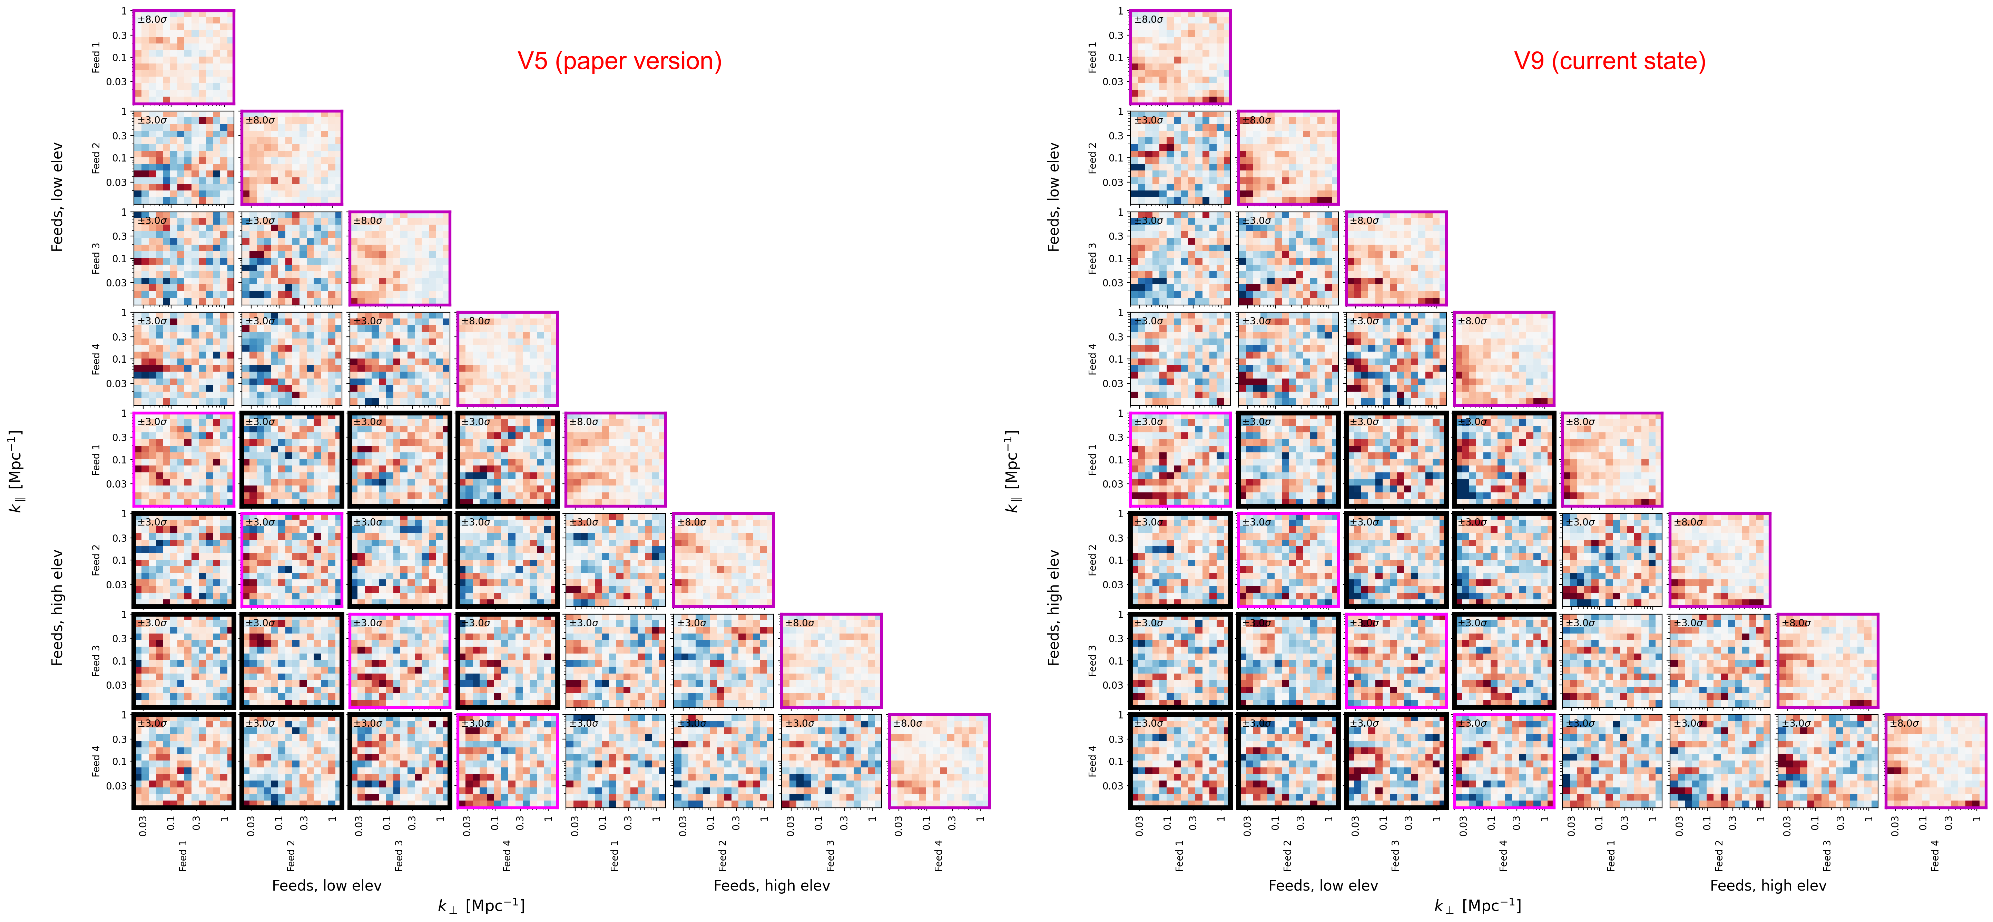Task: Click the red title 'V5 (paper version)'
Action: pos(619,61)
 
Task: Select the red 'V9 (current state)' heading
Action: pos(1609,61)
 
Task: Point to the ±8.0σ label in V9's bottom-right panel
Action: pos(1904,723)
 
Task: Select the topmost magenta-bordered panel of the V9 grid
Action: pos(1180,57)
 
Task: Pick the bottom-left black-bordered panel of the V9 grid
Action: pos(1180,761)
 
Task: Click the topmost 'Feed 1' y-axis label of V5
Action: pos(96,57)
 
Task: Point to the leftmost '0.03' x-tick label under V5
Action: pos(143,826)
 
